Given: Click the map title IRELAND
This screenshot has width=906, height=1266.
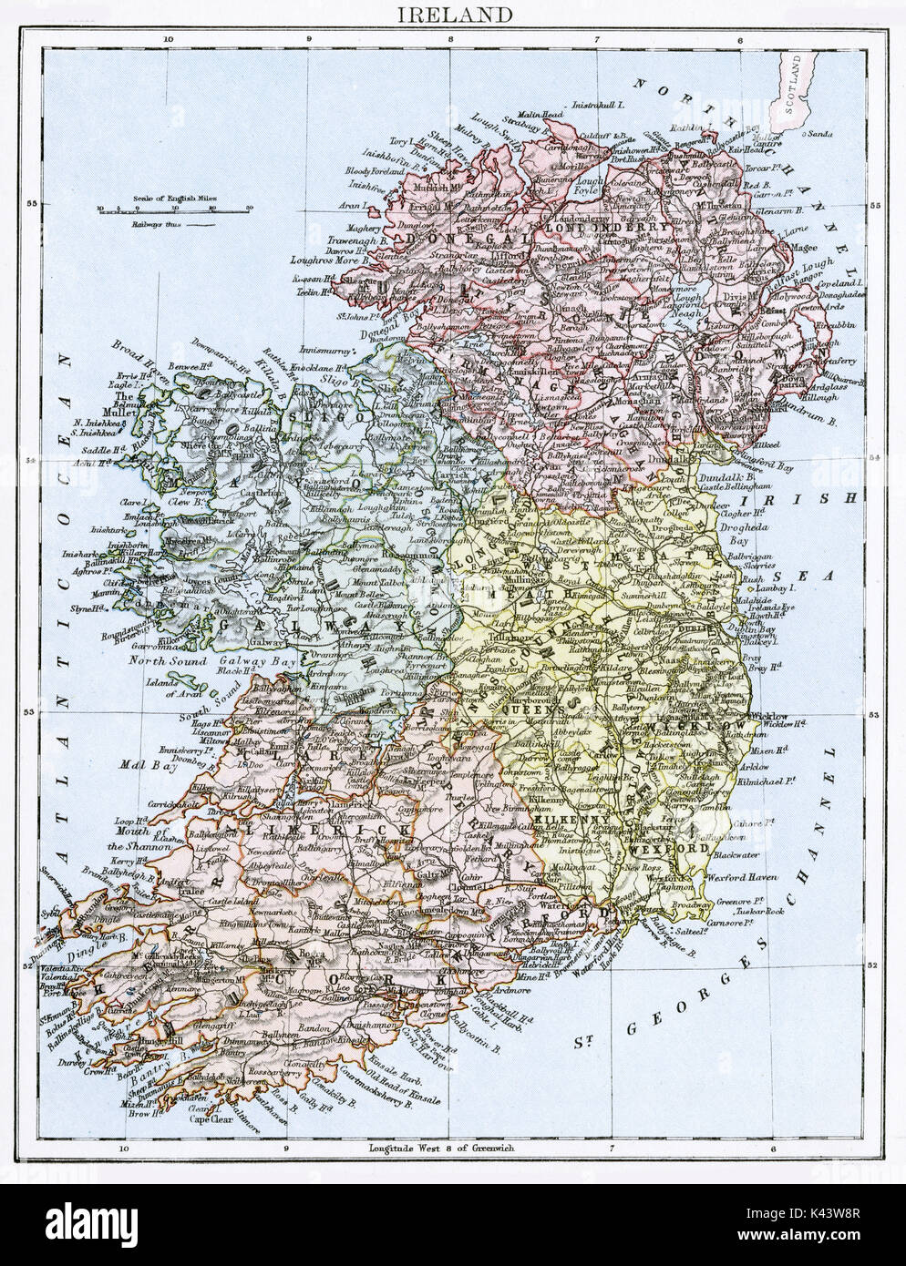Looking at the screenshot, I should (x=454, y=15).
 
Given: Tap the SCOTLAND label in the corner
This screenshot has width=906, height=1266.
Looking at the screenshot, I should (x=797, y=87).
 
